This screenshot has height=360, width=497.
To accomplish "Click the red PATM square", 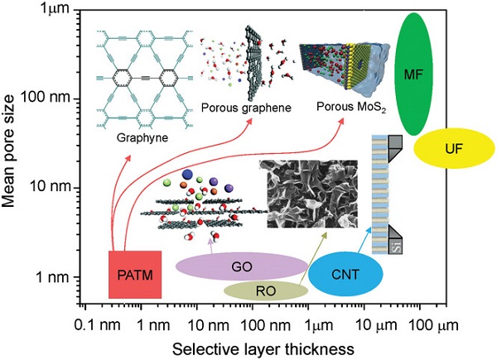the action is coord(135,275).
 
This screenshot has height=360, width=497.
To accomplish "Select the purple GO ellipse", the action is coord(242,266).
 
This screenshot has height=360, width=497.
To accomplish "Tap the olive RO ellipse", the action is coord(266,290).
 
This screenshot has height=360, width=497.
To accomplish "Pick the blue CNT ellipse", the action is coord(345,273).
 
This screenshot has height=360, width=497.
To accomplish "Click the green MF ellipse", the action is coord(413,74).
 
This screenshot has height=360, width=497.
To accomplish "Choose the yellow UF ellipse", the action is coord(454,148).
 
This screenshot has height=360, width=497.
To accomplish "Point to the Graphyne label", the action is coord(142,137).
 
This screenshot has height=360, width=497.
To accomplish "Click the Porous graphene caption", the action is coord(246,108).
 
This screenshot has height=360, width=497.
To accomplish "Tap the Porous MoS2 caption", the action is coord(351,107).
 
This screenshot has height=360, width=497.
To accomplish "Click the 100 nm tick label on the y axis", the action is coord(45,97).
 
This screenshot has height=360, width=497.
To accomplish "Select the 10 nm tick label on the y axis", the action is coord(50,186).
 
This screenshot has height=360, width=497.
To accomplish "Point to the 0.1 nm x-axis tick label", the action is coord(97,325).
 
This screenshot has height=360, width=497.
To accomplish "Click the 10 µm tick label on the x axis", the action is coord(374,325).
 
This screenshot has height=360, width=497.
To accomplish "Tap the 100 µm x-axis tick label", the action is coord(432,325).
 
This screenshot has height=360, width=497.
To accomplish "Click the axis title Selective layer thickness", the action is coord(263,349).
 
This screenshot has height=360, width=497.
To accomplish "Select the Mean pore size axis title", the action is coord(8,151).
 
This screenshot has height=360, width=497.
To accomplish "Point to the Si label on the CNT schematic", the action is coord(397,246).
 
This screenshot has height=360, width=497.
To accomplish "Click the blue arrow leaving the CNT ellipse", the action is coord(364,240).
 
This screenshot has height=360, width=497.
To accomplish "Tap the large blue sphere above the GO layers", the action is coord(187,174).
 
